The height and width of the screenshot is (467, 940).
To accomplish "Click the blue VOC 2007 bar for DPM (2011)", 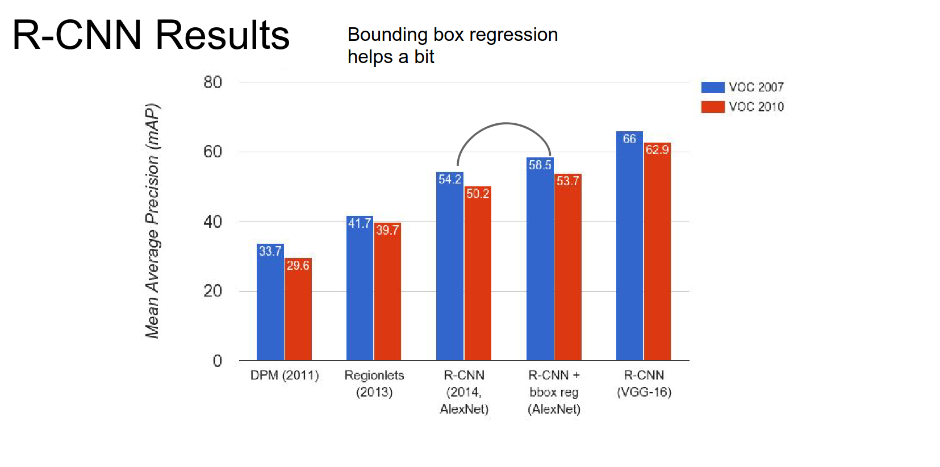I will point(270,307).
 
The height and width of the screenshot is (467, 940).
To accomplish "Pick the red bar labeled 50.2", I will point(478,278).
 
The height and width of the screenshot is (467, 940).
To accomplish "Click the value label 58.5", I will point(540,165).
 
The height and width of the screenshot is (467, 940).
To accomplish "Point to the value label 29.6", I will point(298,265).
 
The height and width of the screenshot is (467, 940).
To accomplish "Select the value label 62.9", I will point(657,149).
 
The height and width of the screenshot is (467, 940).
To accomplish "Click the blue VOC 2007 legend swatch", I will point(712,87).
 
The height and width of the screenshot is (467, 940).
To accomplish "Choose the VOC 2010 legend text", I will point(756,107).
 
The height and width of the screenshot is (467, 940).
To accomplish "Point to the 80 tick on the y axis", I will point(212,82).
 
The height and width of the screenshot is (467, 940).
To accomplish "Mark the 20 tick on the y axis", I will point(212,291).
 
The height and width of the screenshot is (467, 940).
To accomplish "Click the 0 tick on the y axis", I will point(217,361).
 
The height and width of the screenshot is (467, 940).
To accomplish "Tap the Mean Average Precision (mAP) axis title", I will point(152,221).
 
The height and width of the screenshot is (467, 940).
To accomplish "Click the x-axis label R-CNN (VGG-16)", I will point(644,383).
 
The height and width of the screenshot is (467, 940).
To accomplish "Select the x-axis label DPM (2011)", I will point(285,376).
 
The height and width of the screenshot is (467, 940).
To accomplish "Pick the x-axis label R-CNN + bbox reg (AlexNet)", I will point(554,392).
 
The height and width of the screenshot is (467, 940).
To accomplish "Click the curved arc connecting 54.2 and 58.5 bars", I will point(505,123).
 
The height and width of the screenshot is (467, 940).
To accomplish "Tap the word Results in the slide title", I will point(222,35).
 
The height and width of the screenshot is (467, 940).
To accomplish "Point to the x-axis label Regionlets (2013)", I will point(374,383).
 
